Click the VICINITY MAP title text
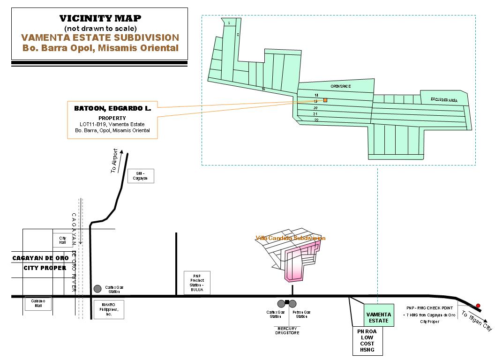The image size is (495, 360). click(x=100, y=19)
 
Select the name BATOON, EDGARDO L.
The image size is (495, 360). click(x=112, y=108)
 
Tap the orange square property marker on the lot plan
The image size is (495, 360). click(x=325, y=100)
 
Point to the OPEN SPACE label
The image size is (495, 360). click(x=340, y=87)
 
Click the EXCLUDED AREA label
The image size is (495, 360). click(x=444, y=100)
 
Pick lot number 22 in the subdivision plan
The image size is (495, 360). click(x=316, y=120)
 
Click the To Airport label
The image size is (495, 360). click(x=114, y=161)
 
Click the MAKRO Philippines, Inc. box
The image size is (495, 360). click(x=109, y=310)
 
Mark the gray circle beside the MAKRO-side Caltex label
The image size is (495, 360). click(x=97, y=288)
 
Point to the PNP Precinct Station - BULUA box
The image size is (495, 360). click(x=197, y=283)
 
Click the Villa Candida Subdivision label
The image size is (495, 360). click(x=291, y=238)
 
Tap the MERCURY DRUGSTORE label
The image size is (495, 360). click(x=287, y=330)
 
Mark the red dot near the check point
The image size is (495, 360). click(x=478, y=306)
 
